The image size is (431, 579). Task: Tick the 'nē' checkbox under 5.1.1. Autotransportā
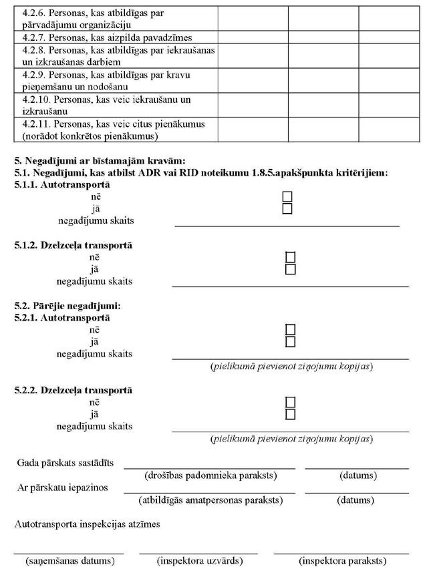point(287,196)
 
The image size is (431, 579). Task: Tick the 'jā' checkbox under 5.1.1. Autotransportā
point(287,208)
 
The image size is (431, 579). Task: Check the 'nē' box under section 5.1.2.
point(290,257)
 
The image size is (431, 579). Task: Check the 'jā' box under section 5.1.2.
point(290,269)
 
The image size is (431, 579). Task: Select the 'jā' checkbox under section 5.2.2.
point(290,415)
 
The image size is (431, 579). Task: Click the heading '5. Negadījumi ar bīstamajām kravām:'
point(99,160)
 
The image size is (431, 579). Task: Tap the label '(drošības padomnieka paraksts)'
point(210,476)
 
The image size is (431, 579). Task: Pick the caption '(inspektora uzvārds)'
point(199,561)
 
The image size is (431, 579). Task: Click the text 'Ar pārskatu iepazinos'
point(62,488)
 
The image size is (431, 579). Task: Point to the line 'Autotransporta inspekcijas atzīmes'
point(87,524)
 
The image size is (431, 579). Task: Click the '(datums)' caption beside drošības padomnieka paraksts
point(357,476)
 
